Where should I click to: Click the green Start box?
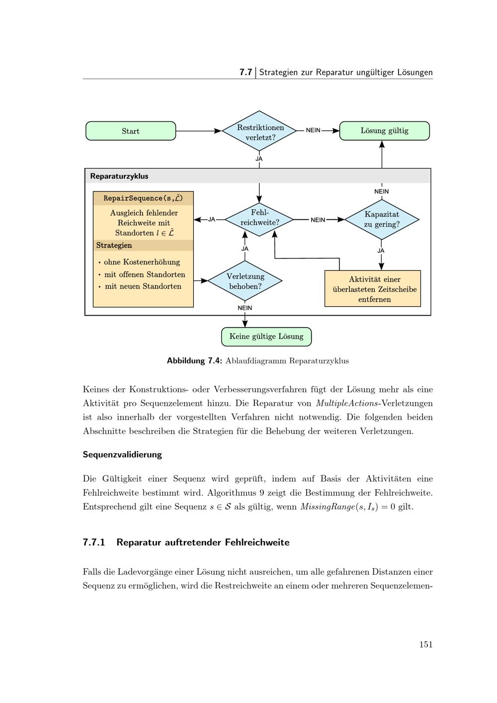131,131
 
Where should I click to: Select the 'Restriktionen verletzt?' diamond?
259,131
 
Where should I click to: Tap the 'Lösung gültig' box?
384,131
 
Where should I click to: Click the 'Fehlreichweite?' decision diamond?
259,219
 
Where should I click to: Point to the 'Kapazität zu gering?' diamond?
382,219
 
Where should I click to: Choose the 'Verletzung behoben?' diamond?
245,280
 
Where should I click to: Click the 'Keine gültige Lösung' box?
266,337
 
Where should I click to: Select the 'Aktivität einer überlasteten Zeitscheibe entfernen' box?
373,288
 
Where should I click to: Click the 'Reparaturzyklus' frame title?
119,176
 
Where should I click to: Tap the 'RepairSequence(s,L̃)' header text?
143,198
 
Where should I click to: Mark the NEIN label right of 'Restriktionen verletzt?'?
313,130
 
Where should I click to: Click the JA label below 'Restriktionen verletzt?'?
259,159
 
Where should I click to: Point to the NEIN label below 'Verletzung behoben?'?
245,308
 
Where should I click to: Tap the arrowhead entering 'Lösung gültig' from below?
382,144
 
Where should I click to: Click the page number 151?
426,644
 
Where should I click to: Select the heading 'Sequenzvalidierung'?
122,454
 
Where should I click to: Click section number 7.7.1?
94,542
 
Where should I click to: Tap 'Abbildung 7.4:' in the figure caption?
194,360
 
